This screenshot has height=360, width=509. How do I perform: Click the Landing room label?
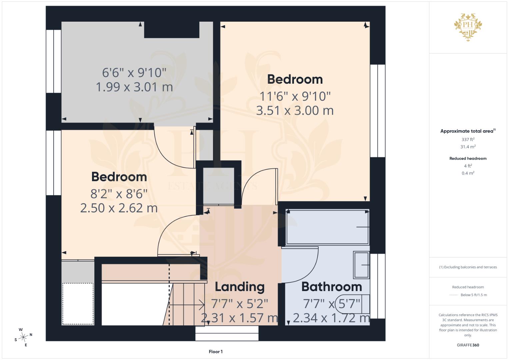pos(240,287)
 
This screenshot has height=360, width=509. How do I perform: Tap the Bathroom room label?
pos(332,287)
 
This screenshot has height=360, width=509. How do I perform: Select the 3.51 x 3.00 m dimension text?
pos(295,111)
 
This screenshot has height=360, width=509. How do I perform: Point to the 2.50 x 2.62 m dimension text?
pos(119,208)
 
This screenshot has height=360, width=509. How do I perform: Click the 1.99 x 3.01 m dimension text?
pos(134,87)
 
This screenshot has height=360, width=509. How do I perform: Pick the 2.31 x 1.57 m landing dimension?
pos(239,318)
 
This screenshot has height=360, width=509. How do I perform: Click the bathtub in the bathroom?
pos(327,227)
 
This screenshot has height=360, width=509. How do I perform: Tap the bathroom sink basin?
pos(361,265)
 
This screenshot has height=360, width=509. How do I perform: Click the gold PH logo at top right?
pos(468,27)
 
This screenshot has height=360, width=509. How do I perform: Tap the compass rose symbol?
pos(23,337)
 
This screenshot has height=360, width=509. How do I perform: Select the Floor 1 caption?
pos(216,352)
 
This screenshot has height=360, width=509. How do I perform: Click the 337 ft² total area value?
pos(468,139)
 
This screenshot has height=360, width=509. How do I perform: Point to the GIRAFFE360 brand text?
pos(468,345)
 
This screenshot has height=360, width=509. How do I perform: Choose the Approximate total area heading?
pos(468,131)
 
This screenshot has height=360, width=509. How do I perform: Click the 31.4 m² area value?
pos(468,147)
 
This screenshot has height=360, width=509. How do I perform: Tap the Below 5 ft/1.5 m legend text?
pos(474,295)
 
